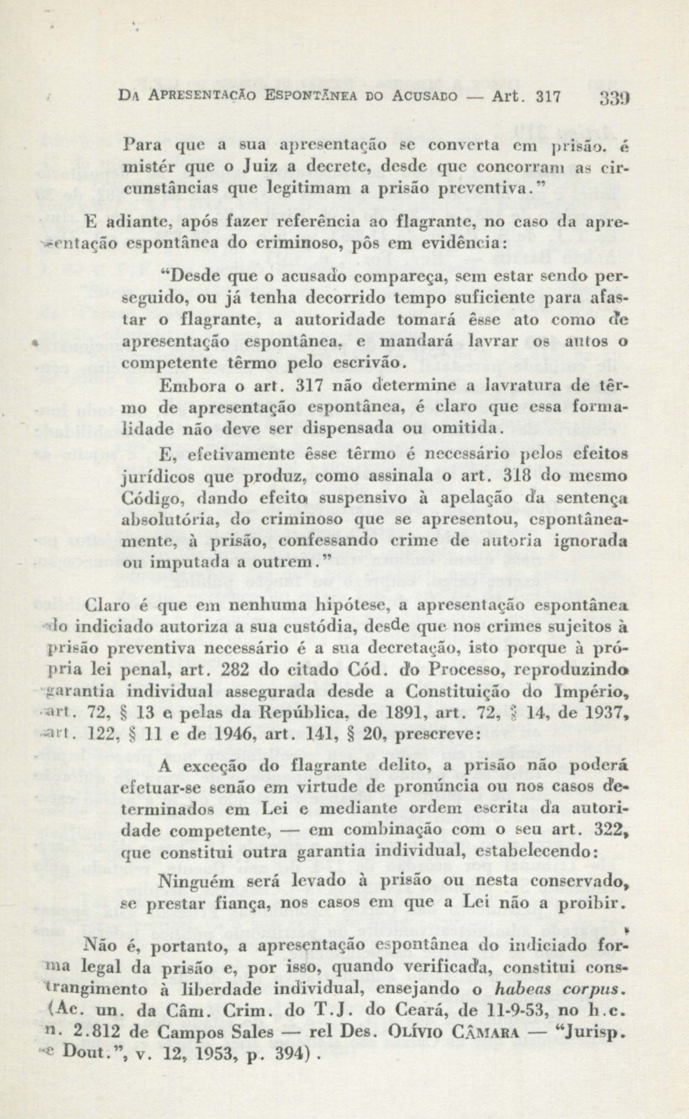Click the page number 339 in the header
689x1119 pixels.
pyautogui.click(x=614, y=110)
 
